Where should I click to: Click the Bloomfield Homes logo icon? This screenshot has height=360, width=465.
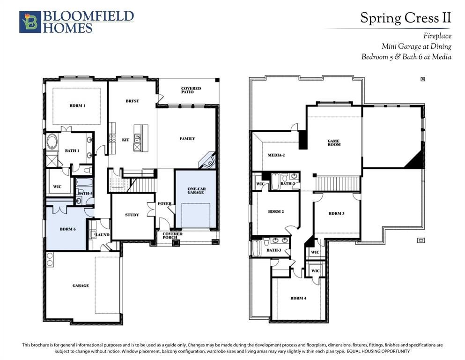30,22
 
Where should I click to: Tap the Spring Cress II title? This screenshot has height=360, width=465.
406,18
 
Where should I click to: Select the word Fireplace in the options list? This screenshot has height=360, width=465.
437,36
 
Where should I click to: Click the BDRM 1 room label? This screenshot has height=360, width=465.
77,105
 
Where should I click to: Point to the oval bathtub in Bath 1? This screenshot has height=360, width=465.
52,142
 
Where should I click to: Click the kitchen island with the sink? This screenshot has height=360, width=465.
141,138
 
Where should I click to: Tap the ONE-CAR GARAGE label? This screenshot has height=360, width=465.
196,190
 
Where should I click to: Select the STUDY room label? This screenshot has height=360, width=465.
132,215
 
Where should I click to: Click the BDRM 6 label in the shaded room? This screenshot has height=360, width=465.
67,229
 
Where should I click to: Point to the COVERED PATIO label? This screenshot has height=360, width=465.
191,90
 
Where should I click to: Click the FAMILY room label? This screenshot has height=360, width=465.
187,139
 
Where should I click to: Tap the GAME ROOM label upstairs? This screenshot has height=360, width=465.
334,143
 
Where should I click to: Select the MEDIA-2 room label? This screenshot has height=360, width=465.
276,155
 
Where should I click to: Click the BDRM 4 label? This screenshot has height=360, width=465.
298,298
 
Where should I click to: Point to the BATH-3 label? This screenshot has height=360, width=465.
274,250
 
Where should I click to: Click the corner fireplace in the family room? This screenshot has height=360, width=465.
207,161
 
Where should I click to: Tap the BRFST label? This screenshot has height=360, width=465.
132,101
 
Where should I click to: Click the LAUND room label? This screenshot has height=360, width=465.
102,235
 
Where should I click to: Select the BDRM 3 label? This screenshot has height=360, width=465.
337,213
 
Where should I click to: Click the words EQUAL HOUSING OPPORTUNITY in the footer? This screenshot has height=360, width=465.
378,352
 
